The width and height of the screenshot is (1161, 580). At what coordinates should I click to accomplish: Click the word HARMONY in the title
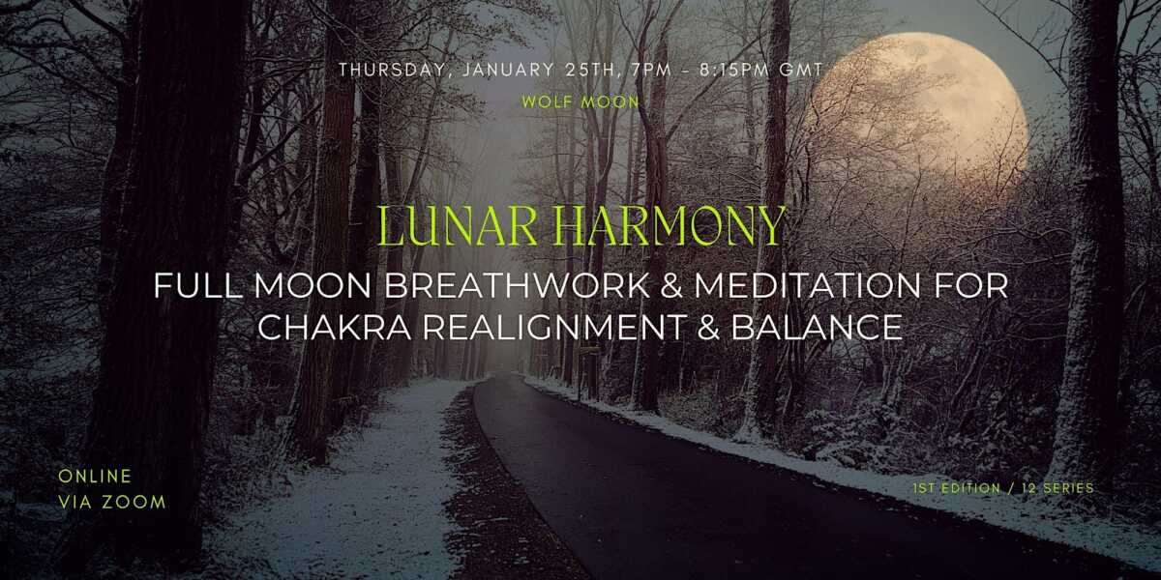(x=670, y=226)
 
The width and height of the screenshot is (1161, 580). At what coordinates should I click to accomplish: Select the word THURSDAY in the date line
(x=390, y=70)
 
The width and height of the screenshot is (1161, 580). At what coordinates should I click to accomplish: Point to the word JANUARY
(x=507, y=70)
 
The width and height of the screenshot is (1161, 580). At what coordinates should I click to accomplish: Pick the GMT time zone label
(x=801, y=70)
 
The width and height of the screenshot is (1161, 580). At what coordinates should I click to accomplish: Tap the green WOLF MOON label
(x=580, y=102)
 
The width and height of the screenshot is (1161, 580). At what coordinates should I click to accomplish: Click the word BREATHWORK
(x=517, y=286)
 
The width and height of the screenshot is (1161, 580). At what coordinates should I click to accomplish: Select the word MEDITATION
(x=808, y=286)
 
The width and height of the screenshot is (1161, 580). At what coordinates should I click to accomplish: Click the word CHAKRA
(x=335, y=328)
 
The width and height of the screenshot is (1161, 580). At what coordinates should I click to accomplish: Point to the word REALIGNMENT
(x=555, y=328)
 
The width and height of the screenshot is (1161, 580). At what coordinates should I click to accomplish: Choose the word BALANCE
(x=817, y=328)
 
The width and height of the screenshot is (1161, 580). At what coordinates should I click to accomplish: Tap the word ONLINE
(x=96, y=477)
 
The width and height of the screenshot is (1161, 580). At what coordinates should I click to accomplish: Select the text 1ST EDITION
(x=957, y=488)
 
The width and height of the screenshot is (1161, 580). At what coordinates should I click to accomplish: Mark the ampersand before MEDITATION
(x=672, y=286)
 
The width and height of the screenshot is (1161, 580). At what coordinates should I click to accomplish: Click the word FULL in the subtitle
(x=198, y=286)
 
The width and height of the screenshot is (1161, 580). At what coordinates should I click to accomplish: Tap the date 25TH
(x=593, y=70)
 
